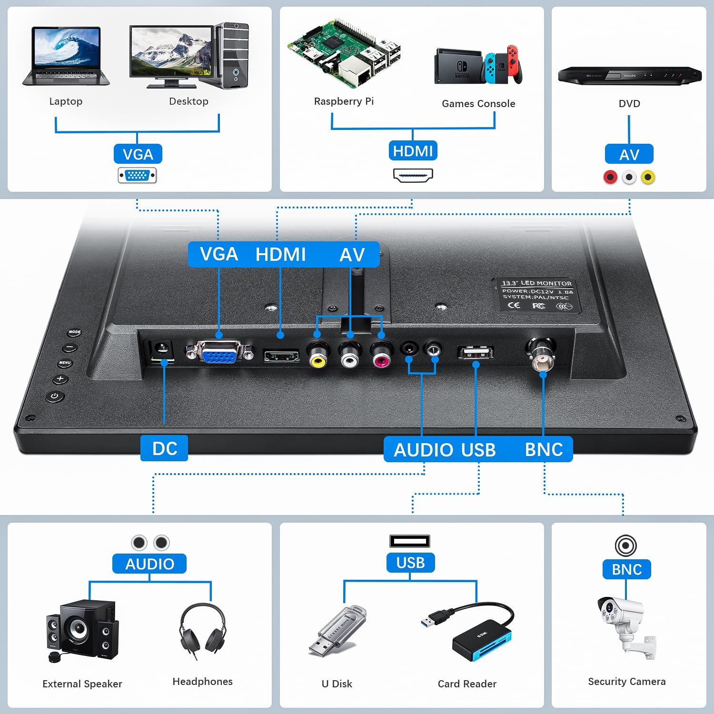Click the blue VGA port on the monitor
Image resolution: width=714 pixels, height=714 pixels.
click(x=219, y=352)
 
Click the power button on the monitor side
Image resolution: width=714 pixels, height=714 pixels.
click(x=55, y=396)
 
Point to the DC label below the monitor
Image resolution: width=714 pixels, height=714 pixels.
click(x=164, y=448)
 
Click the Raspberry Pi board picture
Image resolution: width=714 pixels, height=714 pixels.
click(x=344, y=53)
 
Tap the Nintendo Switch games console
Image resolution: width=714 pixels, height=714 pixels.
click(x=478, y=65)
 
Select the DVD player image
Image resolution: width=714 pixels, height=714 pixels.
click(x=629, y=75)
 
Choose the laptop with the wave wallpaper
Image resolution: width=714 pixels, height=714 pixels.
click(x=66, y=56)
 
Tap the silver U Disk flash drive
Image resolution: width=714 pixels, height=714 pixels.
click(x=337, y=631)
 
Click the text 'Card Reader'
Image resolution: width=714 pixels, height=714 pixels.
click(x=467, y=684)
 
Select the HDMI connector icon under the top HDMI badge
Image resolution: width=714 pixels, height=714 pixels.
click(x=413, y=175)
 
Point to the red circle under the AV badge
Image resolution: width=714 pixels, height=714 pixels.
click(x=610, y=177)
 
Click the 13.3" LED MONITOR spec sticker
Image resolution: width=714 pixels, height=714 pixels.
click(x=536, y=296)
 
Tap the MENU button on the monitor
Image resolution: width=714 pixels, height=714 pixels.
click(x=65, y=363)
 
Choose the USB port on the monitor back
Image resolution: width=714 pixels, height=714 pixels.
click(x=475, y=353)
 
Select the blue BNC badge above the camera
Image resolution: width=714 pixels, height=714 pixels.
click(x=626, y=569)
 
